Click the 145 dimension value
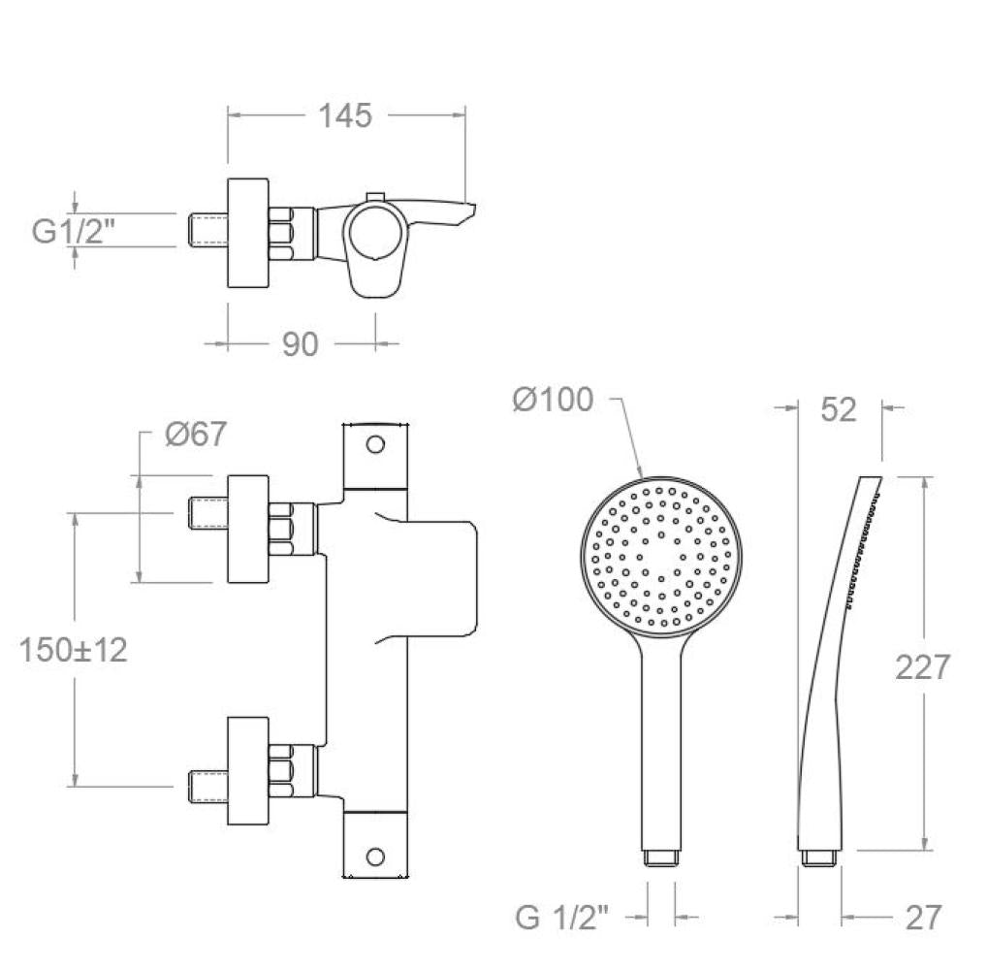(x=345, y=115)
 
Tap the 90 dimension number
(x=300, y=344)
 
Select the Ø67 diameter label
(x=196, y=434)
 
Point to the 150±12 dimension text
(x=74, y=650)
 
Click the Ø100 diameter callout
(x=553, y=400)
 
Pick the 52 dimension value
(x=839, y=410)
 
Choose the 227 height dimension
(x=922, y=667)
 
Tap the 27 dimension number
(x=923, y=918)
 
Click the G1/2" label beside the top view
(x=74, y=231)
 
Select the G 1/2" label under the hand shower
(x=562, y=918)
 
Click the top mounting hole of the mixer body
(x=375, y=444)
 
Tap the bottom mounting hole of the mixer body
(x=375, y=857)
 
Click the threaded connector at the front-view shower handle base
(x=661, y=857)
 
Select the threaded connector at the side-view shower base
(x=819, y=857)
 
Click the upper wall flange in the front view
(x=248, y=529)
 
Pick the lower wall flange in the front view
(x=248, y=770)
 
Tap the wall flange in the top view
(x=248, y=233)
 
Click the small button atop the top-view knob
(x=375, y=198)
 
